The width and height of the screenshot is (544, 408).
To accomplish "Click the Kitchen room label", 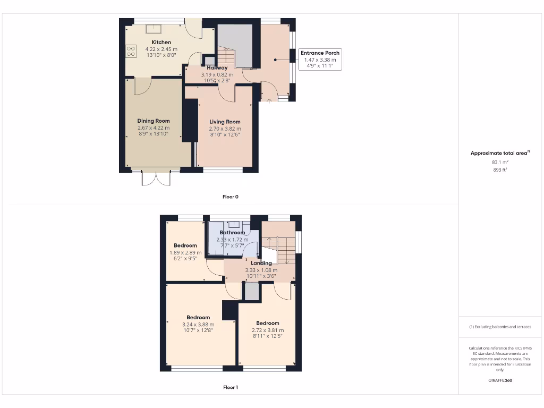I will click(x=161, y=42).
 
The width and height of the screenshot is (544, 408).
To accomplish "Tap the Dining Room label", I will click(x=154, y=121).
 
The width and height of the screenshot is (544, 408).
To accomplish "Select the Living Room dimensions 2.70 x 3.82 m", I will click(x=225, y=129).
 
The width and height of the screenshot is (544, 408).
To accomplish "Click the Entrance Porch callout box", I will click(x=320, y=59).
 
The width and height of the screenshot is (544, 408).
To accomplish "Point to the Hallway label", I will click(x=217, y=68).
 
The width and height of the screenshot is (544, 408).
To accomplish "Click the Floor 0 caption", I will click(x=230, y=197).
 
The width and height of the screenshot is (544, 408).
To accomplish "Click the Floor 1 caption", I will click(x=230, y=387).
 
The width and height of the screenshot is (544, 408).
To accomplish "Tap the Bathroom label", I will click(x=232, y=233).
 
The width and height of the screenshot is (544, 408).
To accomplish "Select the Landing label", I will click(x=261, y=263).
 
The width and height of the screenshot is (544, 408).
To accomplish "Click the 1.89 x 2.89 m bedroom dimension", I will click(x=185, y=252).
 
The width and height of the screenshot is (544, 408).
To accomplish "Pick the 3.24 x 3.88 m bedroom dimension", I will click(x=198, y=324).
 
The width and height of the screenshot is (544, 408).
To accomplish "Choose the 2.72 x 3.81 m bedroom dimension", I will click(x=267, y=330).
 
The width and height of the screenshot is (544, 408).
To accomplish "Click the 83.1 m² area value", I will click(x=500, y=162).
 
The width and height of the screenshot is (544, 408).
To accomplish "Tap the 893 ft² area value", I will click(x=500, y=170).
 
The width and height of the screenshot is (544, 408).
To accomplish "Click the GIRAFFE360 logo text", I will click(x=500, y=380).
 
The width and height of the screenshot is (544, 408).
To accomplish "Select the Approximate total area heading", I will click(x=500, y=153).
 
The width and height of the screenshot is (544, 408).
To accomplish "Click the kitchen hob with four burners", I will click(x=131, y=50).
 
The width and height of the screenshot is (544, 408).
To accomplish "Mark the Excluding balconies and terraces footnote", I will click(x=500, y=327).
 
